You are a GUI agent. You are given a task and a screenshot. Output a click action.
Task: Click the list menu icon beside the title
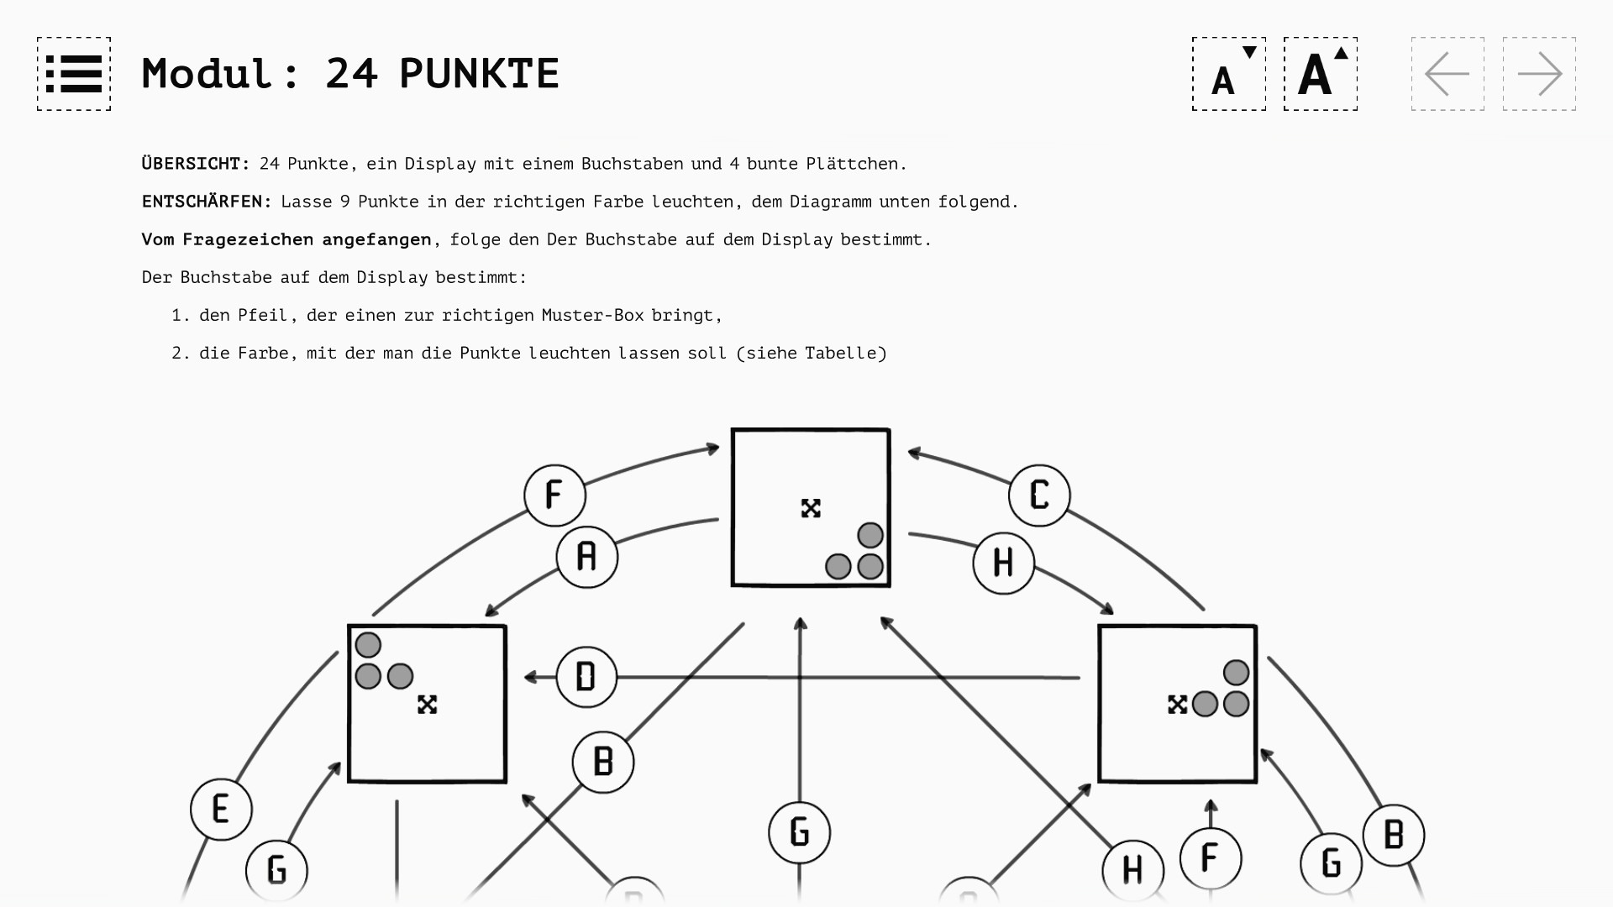tap(74, 74)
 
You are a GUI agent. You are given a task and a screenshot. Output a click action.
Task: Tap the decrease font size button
tap(1228, 74)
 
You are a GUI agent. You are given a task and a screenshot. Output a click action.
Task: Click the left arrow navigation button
tap(1447, 74)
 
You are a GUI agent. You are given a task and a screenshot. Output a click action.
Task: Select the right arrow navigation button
tap(1539, 74)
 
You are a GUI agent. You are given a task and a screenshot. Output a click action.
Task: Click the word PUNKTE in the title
tap(479, 74)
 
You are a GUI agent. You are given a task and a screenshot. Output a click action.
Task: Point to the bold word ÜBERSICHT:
tap(196, 164)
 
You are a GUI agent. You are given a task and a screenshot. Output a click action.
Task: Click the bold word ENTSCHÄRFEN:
tap(207, 202)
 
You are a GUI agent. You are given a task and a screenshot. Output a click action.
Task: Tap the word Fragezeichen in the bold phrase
tap(248, 239)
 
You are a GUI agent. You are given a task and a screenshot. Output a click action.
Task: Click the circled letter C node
tap(1039, 495)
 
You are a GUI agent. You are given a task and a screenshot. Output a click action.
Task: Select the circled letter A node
tap(586, 557)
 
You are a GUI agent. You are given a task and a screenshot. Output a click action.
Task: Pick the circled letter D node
tap(586, 677)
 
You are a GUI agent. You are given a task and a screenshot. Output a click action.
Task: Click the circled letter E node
tap(221, 810)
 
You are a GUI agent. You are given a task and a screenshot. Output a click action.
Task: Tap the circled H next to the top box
tap(1003, 564)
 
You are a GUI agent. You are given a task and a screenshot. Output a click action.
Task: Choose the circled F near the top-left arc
tap(554, 495)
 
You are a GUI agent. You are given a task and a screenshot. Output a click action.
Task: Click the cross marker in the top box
tap(811, 508)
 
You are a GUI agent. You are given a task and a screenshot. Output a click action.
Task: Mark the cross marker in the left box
tap(427, 705)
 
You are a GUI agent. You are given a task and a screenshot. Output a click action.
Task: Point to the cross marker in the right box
tap(1177, 705)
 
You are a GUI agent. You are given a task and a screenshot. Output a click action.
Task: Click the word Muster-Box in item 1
tap(592, 316)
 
